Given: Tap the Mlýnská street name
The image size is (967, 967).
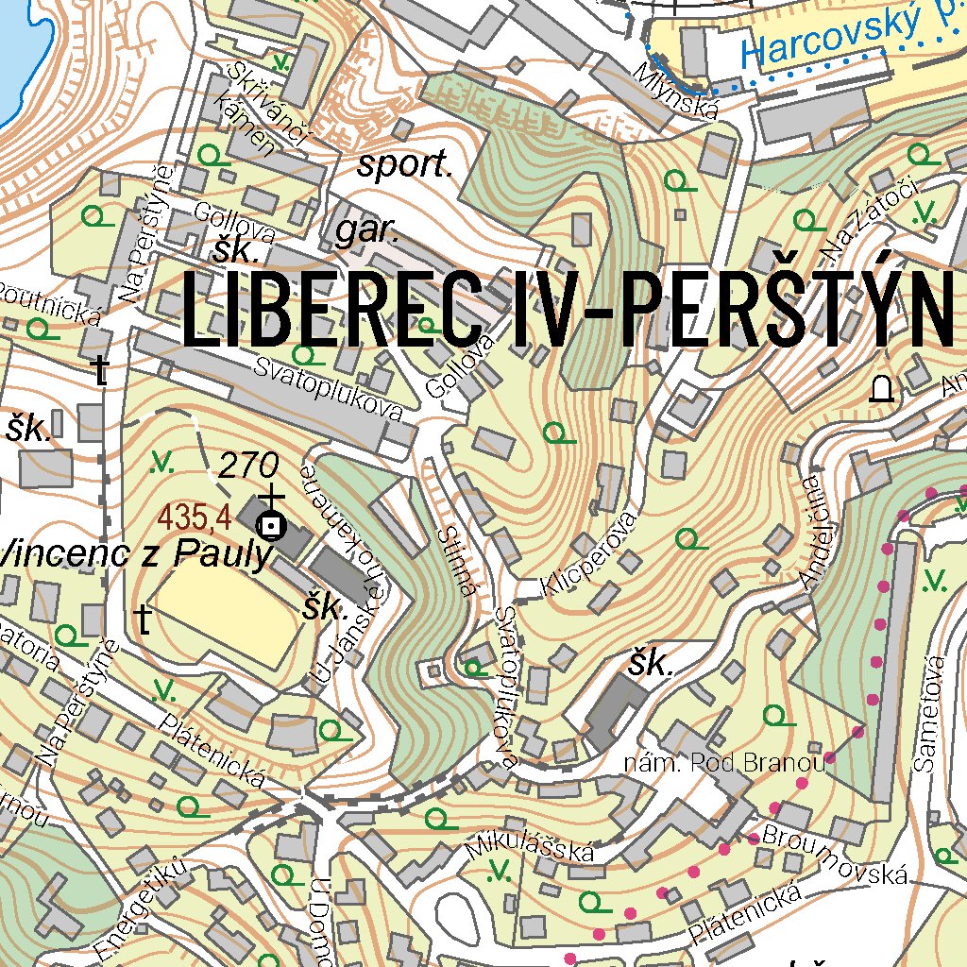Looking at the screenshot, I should pos(677,91).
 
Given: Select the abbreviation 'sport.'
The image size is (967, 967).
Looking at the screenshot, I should pos(405,166).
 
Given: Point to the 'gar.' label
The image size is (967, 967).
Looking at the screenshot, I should pos(368,230).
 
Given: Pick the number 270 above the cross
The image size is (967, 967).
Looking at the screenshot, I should pos(248,465).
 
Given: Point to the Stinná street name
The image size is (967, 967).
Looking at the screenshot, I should pos(454,562).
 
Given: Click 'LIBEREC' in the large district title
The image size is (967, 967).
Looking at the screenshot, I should pos(331,310).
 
